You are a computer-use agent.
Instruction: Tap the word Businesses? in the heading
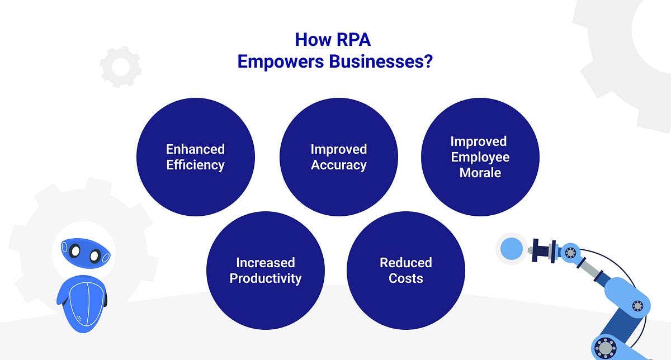[381, 61]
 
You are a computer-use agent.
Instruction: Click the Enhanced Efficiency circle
[196, 157]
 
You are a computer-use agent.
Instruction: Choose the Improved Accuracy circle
[339, 157]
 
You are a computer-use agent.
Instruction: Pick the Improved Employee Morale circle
[480, 157]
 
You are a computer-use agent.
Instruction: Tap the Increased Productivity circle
[266, 271]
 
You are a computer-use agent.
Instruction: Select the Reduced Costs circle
[406, 271]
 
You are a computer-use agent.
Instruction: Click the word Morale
[480, 173]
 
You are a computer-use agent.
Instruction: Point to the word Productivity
[266, 278]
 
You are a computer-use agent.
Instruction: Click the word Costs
[406, 278]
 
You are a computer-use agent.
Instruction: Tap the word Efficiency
[196, 165]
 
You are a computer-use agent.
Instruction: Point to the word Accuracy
[339, 165]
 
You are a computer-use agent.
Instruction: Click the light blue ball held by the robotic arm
[511, 248]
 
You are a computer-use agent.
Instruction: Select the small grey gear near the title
[120, 67]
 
